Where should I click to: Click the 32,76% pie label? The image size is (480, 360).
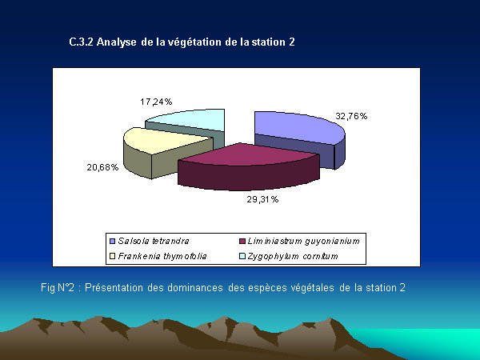(x=351, y=116)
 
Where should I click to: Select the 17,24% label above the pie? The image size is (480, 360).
(x=156, y=102)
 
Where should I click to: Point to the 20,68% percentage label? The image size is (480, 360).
(x=102, y=167)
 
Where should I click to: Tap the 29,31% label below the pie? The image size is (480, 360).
(x=262, y=199)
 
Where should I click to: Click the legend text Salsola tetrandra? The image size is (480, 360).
(x=154, y=241)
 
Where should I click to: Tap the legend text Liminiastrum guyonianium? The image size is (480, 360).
(x=303, y=242)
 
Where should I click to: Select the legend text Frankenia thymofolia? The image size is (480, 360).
(x=162, y=256)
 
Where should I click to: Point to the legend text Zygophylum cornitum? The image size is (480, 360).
(x=293, y=256)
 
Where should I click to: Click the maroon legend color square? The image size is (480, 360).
(x=242, y=242)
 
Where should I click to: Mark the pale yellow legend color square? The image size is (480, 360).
(x=112, y=256)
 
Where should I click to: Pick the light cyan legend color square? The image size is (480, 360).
(x=242, y=256)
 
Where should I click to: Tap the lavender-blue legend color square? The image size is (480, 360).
(x=112, y=242)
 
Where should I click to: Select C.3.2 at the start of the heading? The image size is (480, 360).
(x=81, y=42)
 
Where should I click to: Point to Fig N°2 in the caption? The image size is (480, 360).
(x=58, y=288)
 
